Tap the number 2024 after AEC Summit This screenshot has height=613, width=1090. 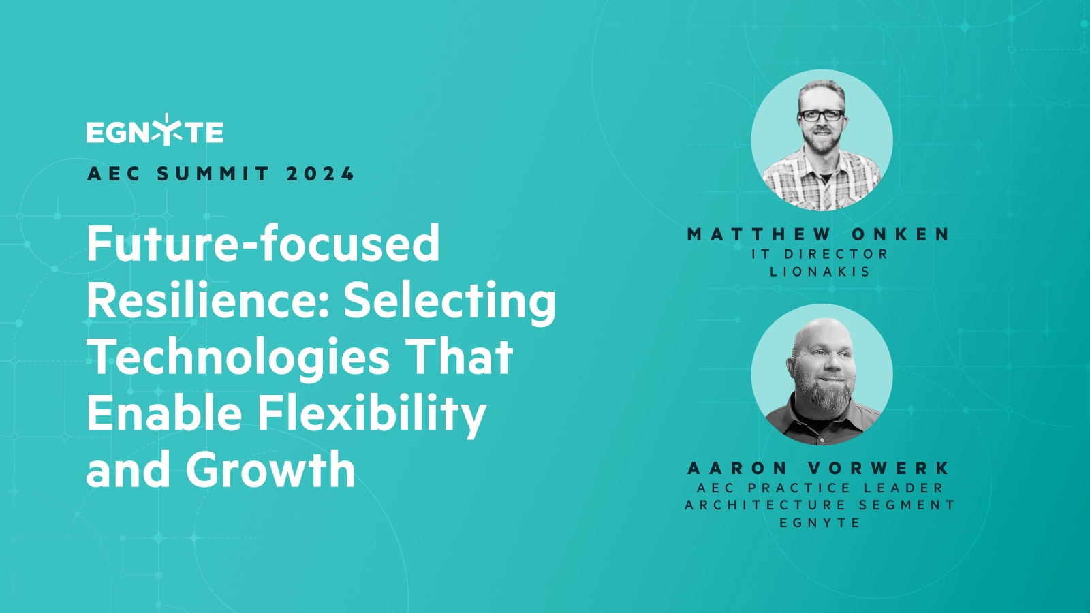point(320,174)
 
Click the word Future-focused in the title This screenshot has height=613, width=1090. point(263,244)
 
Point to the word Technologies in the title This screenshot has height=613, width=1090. point(238,358)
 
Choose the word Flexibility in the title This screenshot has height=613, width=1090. point(372,414)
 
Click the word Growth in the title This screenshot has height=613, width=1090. point(270,470)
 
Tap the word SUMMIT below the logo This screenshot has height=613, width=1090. point(213,174)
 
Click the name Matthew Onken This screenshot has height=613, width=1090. point(820,234)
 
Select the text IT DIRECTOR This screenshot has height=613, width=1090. point(820,254)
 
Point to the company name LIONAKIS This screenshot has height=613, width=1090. point(820,272)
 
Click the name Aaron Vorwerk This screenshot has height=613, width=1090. point(820,469)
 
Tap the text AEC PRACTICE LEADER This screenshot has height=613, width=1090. point(820,488)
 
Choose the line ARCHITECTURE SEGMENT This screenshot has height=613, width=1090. point(820,505)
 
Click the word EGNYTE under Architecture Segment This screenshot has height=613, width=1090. point(820,523)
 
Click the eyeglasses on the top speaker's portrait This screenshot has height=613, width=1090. point(821,115)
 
